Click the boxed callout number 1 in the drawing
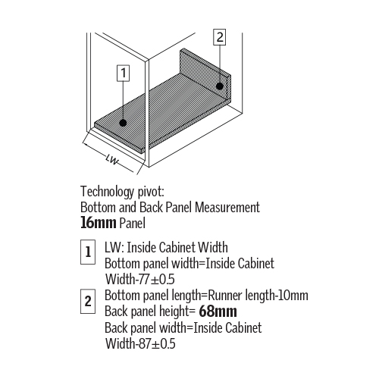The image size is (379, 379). [x=124, y=74]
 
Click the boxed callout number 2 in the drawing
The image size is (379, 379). [x=220, y=37]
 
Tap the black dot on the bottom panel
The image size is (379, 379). [x=123, y=123]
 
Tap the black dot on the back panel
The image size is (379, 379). [x=220, y=86]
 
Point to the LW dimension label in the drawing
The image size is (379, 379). [x=112, y=159]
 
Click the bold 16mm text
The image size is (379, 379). [x=99, y=223]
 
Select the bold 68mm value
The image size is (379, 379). [x=218, y=312]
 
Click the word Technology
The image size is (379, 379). [x=107, y=192]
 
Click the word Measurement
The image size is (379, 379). [x=227, y=207]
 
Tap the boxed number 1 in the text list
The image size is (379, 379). [x=88, y=252]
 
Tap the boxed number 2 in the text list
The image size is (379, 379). [x=88, y=302]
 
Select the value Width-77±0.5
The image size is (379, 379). [x=140, y=279]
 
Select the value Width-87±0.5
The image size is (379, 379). [x=140, y=343]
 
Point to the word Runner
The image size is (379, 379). [x=225, y=296]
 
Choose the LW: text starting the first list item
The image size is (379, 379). [x=114, y=247]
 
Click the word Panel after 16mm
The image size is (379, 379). [x=133, y=223]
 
